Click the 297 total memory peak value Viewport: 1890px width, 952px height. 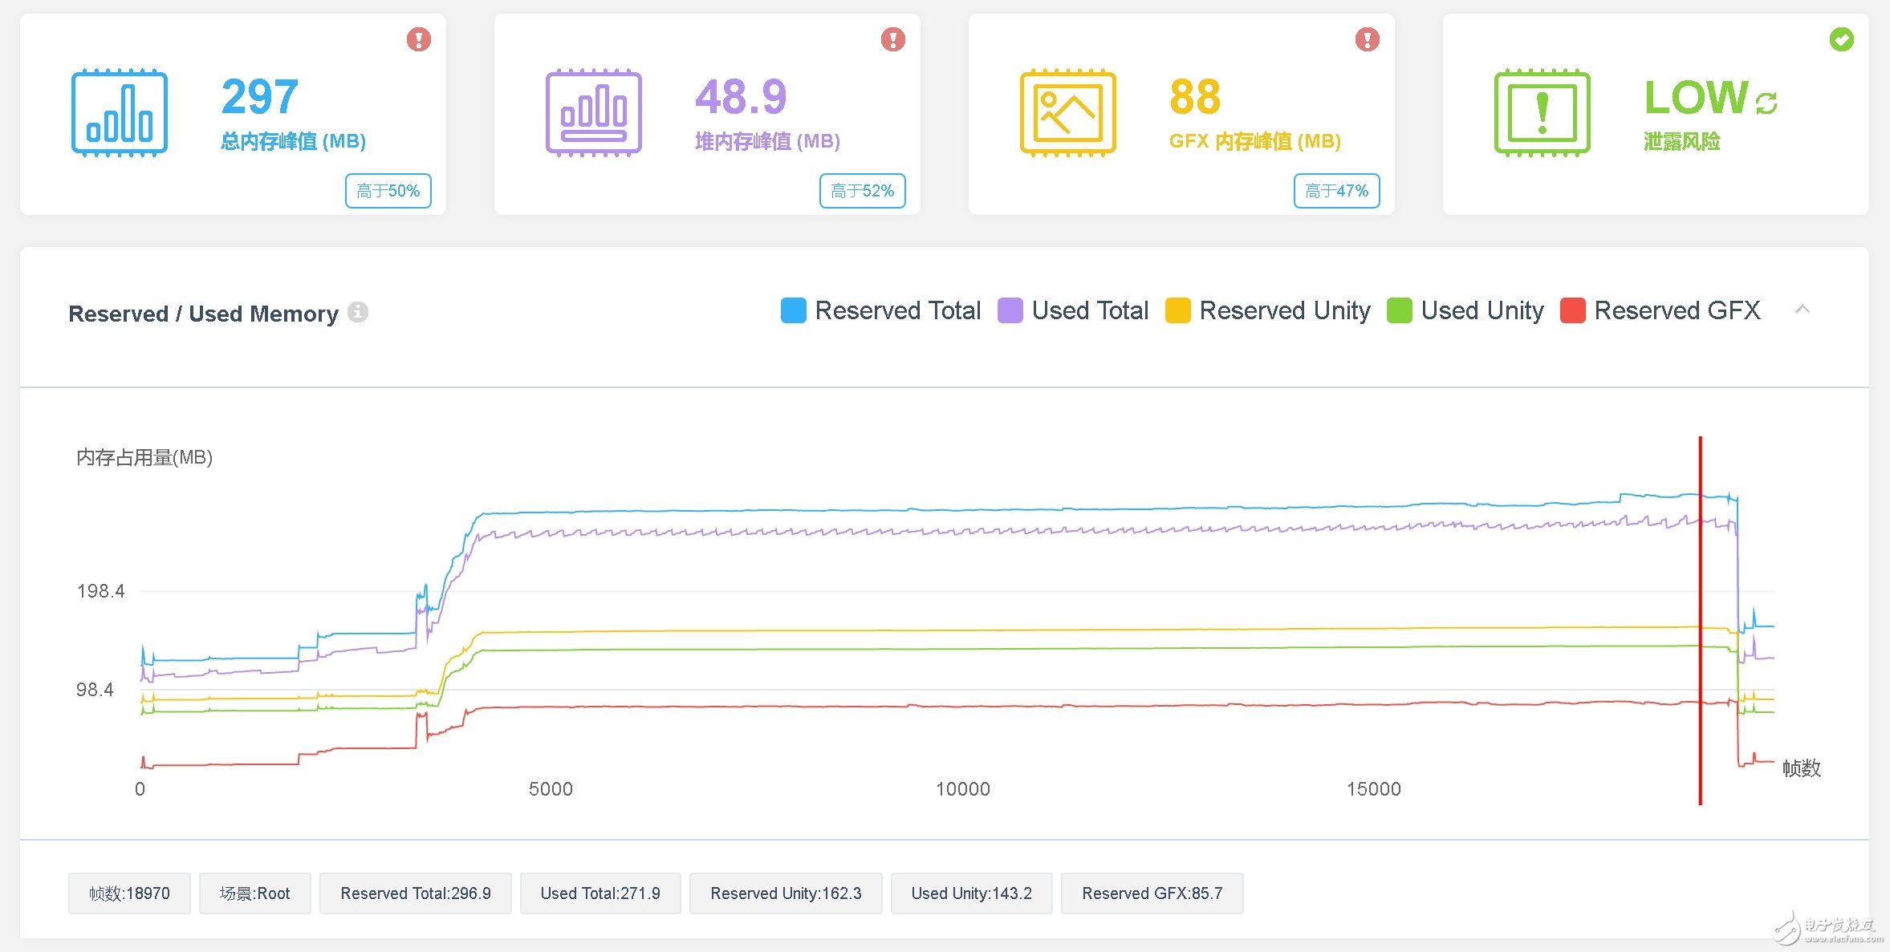click(260, 97)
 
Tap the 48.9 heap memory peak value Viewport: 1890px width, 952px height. click(741, 97)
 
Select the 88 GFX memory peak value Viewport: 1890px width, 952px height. click(1195, 97)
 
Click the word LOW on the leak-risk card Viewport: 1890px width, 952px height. click(1696, 98)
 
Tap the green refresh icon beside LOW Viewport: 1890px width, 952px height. click(1766, 103)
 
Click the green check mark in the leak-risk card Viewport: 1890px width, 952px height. click(1841, 39)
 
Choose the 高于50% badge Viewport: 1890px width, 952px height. click(388, 191)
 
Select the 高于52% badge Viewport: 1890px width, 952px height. click(863, 191)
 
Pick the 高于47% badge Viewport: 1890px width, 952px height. click(1337, 191)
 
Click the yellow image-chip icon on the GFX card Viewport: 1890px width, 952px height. click(1067, 112)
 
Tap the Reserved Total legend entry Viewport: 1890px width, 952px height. click(880, 310)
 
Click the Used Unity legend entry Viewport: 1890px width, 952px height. click(1465, 310)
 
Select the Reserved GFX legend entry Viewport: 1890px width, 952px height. click(1660, 310)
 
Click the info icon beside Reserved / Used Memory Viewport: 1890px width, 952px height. click(358, 312)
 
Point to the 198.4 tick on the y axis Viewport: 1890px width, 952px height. click(101, 591)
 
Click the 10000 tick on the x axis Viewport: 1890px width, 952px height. click(962, 789)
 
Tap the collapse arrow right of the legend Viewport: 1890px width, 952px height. click(1803, 310)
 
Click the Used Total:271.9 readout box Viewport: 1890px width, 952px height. click(600, 893)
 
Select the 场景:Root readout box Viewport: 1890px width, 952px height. click(254, 893)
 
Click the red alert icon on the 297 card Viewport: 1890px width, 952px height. click(418, 39)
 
